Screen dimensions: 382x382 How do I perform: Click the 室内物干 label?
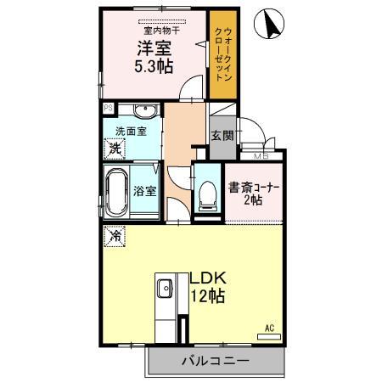(x=154, y=27)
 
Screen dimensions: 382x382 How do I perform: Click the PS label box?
(x=107, y=109)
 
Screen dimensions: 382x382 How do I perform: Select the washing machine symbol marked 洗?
(x=115, y=149)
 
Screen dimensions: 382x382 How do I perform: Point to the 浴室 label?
(x=144, y=191)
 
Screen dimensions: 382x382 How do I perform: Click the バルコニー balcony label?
(x=214, y=361)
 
